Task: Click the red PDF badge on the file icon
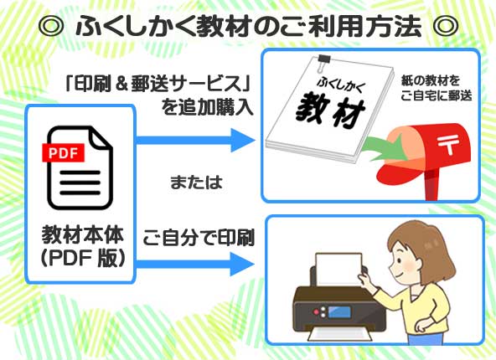coord(64,152)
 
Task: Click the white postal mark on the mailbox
coord(448,145)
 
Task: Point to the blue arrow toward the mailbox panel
coord(195,140)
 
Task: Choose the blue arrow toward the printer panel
coord(195,264)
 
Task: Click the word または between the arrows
coord(196,183)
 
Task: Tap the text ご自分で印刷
coord(199,238)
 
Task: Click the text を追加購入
coord(207,107)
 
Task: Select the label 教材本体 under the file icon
coord(83,235)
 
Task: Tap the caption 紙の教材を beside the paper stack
coord(430,80)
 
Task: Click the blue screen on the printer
coord(339,312)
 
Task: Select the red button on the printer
coord(316,312)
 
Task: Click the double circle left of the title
coord(51,25)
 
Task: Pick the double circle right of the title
coord(445,25)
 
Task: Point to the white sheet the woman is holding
coord(339,270)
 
